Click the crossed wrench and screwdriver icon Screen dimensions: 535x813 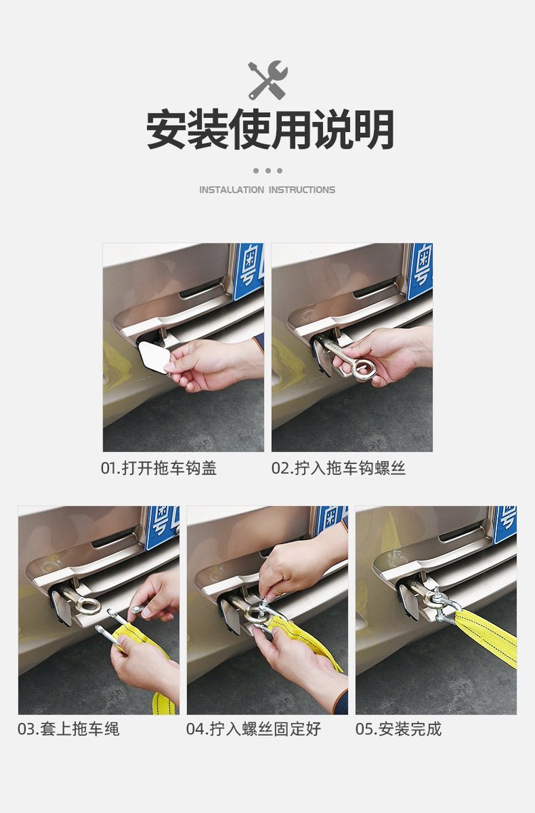tap(267, 80)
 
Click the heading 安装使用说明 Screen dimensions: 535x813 tap(270, 130)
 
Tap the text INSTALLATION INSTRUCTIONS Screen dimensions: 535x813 tap(267, 190)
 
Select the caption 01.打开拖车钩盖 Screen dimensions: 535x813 tap(158, 468)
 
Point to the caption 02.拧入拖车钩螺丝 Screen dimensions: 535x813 tap(339, 468)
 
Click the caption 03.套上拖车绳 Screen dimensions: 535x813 tap(68, 729)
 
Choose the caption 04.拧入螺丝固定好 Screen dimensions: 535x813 tap(253, 729)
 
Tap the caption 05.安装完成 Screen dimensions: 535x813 tap(399, 729)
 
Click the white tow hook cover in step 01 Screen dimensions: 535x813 tap(154, 357)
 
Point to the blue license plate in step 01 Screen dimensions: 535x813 tap(248, 271)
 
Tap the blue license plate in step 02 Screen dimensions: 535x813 tap(420, 271)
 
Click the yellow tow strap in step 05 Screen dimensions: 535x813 tap(487, 637)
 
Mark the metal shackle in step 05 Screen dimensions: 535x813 tap(443, 604)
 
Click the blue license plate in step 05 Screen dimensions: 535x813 tap(506, 524)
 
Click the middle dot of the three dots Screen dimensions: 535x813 tap(268, 171)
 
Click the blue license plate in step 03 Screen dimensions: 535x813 tap(162, 526)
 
